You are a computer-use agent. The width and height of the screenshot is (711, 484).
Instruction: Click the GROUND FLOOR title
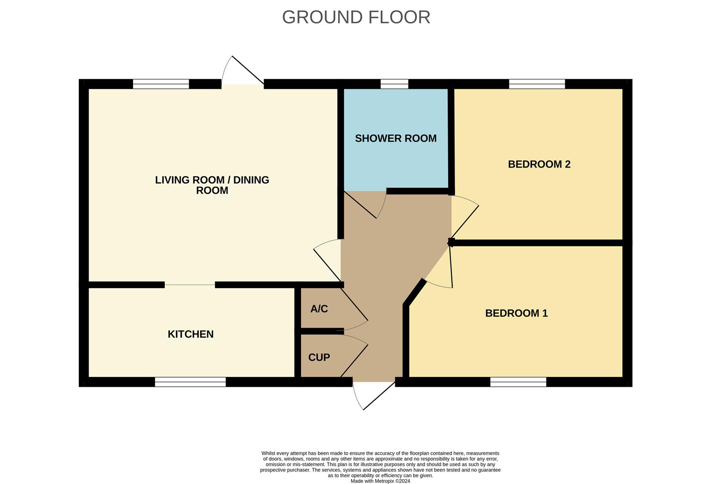[356, 17]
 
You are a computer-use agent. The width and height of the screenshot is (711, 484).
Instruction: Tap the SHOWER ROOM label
[395, 138]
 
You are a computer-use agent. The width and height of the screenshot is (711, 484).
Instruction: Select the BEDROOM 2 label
[539, 164]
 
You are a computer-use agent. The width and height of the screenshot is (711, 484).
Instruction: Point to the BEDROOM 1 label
[516, 313]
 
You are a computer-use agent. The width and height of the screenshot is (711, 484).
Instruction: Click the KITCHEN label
[190, 334]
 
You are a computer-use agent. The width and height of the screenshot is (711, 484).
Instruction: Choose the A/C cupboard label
[319, 309]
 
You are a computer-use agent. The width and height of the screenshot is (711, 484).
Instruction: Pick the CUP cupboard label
[319, 357]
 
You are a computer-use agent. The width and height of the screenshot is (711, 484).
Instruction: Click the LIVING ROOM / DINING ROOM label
[212, 185]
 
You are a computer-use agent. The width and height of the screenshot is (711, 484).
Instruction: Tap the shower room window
[394, 84]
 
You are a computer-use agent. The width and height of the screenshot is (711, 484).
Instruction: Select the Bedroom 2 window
[537, 84]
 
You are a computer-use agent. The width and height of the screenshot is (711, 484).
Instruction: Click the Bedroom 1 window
[518, 382]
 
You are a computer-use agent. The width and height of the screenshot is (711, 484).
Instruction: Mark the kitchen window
[190, 382]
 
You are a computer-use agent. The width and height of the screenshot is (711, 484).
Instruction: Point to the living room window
[161, 84]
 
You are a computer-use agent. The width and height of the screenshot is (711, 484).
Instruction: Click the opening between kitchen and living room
[190, 285]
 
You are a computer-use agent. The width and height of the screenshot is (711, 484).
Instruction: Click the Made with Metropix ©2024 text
[380, 481]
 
